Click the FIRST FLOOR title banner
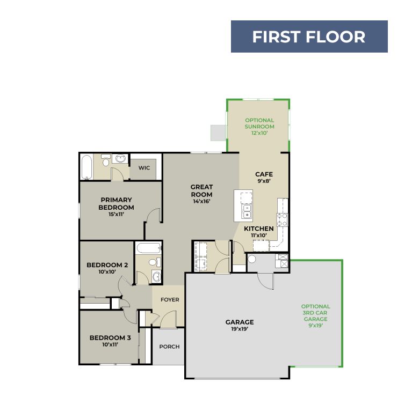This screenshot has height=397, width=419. [x=309, y=36]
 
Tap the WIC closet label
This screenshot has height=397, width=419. [x=144, y=168]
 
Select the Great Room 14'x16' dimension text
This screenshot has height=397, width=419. [x=201, y=201]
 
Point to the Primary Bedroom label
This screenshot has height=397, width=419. [x=116, y=203]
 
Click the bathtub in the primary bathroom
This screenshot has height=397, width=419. [x=86, y=167]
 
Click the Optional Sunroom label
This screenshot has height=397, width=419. [x=259, y=123]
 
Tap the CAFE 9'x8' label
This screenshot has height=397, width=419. [x=264, y=178]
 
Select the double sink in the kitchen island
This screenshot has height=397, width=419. [x=247, y=211]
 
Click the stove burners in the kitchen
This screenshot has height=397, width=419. [x=282, y=219]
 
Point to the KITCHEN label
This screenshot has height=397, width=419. [x=259, y=229]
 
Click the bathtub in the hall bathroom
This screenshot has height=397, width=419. [x=149, y=248]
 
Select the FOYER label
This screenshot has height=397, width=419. [x=170, y=299]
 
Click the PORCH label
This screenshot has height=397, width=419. [x=169, y=347]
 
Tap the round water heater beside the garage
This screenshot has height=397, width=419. [x=252, y=259]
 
